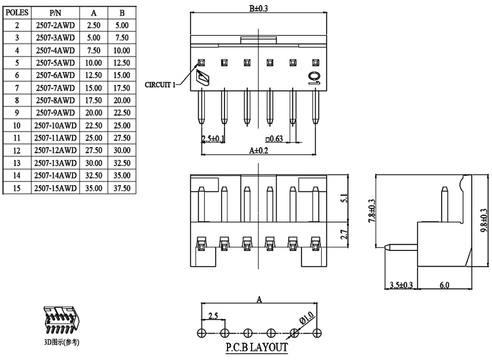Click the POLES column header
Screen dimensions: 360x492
[x=17, y=12]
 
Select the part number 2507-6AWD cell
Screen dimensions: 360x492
[x=55, y=75]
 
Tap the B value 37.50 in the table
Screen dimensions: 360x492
[x=122, y=188]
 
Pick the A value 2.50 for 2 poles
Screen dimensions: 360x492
[x=94, y=25]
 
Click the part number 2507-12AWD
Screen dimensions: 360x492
[x=55, y=150]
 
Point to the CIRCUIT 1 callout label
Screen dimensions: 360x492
[x=159, y=84]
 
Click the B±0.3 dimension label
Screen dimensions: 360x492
[x=258, y=8]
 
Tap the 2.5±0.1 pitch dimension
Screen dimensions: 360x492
[x=213, y=139]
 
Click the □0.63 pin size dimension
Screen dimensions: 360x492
[x=274, y=139]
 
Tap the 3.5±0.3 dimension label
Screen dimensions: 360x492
[x=402, y=285]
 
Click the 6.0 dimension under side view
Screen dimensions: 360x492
[x=444, y=285]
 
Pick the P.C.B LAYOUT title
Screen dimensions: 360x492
[x=256, y=348]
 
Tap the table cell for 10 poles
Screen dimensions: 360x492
[x=17, y=126]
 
